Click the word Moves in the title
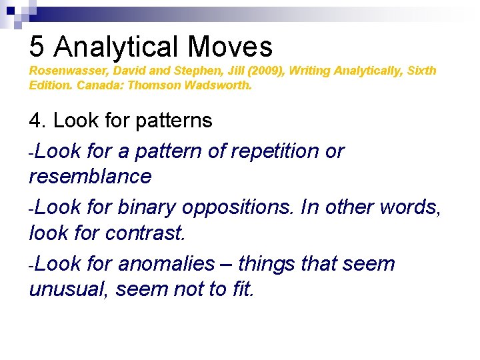[230, 47]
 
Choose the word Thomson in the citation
[153, 85]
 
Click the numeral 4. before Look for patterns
[37, 121]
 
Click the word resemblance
[91, 177]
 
